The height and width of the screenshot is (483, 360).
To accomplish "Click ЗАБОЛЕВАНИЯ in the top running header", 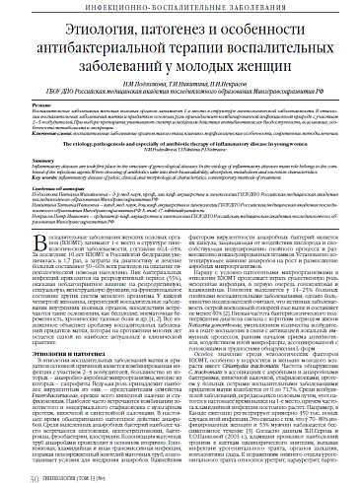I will click(226, 9).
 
